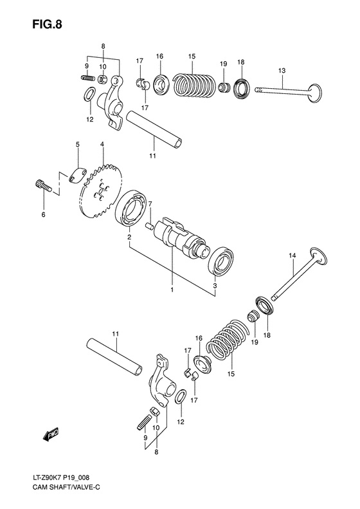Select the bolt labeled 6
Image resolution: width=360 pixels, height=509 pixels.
pos(41,187)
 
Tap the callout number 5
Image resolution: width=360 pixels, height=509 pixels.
pos(77,145)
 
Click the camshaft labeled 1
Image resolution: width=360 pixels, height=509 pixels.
pos(183,238)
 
